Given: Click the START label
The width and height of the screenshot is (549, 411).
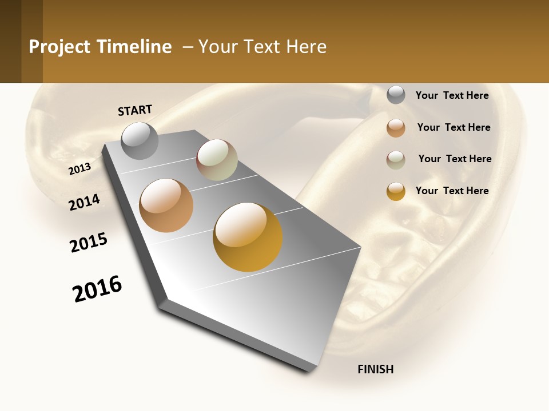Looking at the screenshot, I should pyautogui.click(x=135, y=110).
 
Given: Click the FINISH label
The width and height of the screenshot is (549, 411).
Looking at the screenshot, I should pyautogui.click(x=375, y=369).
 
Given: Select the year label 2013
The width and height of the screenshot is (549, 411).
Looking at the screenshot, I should pyautogui.click(x=80, y=168).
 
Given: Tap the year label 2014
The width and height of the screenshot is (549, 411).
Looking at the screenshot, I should pyautogui.click(x=85, y=202).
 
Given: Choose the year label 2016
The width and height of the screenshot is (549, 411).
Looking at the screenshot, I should pyautogui.click(x=97, y=288).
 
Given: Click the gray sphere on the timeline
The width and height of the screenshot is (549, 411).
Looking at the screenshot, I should pyautogui.click(x=140, y=140).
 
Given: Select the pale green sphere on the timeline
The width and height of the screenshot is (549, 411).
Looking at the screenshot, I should pyautogui.click(x=217, y=160).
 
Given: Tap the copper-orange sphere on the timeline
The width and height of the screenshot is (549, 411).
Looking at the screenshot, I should pyautogui.click(x=166, y=205).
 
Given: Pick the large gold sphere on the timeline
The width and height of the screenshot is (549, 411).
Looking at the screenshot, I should pyautogui.click(x=248, y=237).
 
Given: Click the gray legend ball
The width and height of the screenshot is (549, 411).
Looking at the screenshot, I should pyautogui.click(x=396, y=95).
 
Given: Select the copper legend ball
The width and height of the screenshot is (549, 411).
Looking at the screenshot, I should pyautogui.click(x=396, y=128).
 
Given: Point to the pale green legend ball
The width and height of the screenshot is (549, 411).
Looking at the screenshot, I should pyautogui.click(x=396, y=160).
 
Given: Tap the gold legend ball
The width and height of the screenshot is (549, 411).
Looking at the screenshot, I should pyautogui.click(x=396, y=191).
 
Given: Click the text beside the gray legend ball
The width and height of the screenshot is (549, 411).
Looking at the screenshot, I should pyautogui.click(x=452, y=96).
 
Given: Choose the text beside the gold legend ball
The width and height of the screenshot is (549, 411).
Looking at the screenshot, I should pyautogui.click(x=452, y=191).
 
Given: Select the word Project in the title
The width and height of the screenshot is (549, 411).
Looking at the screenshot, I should pyautogui.click(x=59, y=47).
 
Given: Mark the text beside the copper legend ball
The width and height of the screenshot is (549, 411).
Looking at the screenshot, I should pyautogui.click(x=453, y=127).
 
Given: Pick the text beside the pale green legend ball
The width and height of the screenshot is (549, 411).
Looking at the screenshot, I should pyautogui.click(x=455, y=159).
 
